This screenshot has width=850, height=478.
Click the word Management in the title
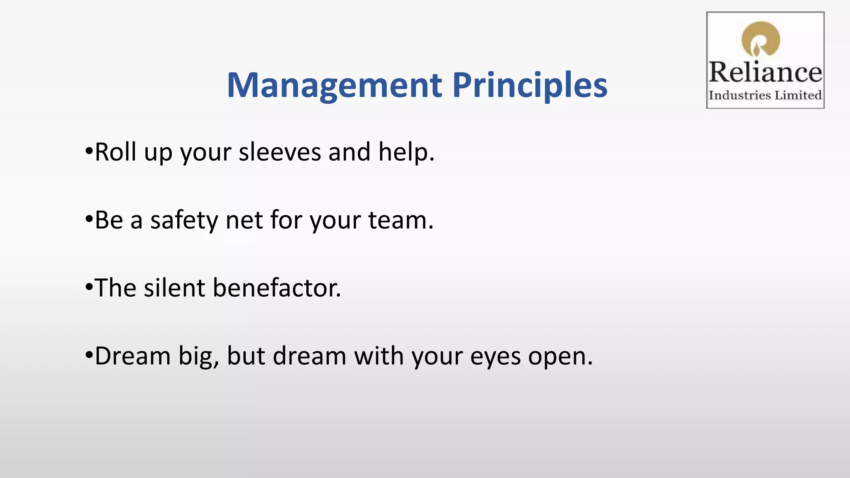tap(335, 85)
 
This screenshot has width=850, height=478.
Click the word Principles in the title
tap(530, 85)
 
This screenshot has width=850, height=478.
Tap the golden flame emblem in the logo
tap(761, 39)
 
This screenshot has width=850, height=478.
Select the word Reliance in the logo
tap(765, 72)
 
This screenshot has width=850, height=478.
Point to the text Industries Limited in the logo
tap(765, 95)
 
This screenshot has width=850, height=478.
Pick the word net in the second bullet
tap(244, 221)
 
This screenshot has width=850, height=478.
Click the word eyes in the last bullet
tap(495, 357)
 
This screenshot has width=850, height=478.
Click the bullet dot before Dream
tap(88, 355)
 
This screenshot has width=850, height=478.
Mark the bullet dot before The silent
tap(88, 287)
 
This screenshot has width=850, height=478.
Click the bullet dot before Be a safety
tap(88, 219)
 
